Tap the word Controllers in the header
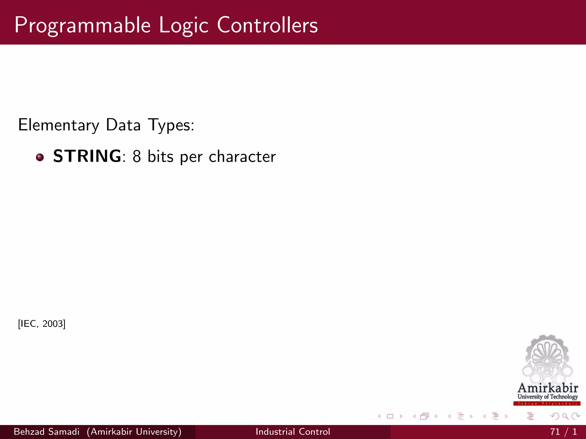coord(267,25)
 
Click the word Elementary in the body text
coord(59,125)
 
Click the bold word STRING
coord(87,156)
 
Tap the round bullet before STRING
coord(40,157)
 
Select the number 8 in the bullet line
coord(137,157)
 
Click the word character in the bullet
coord(242,157)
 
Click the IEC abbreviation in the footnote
coord(28,324)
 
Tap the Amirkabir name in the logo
coord(548,388)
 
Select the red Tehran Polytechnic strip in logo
coord(547,404)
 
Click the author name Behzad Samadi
coord(47,432)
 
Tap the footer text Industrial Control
coord(293,432)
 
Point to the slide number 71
coord(555,432)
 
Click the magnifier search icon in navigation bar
coord(565,416)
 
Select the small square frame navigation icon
coord(390,416)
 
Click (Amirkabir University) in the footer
coord(134,432)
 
